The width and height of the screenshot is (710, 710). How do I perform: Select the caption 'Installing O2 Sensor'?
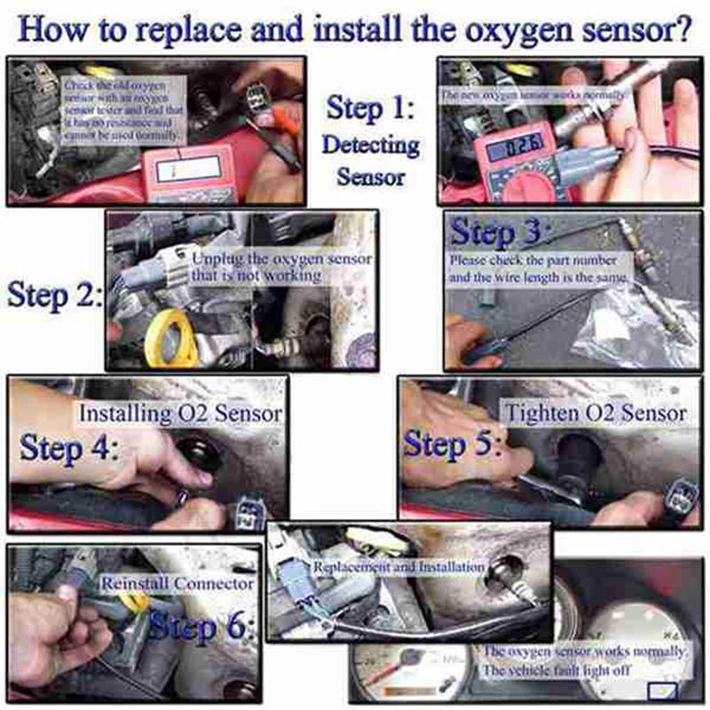180,414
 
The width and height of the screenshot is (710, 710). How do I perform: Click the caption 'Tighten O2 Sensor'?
596,414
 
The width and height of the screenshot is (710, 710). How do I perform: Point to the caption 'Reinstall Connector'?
177,584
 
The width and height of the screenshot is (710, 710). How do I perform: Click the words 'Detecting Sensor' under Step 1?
370,160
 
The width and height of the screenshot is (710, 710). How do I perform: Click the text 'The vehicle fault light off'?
556,671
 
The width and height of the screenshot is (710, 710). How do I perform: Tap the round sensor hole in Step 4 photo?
196,454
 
